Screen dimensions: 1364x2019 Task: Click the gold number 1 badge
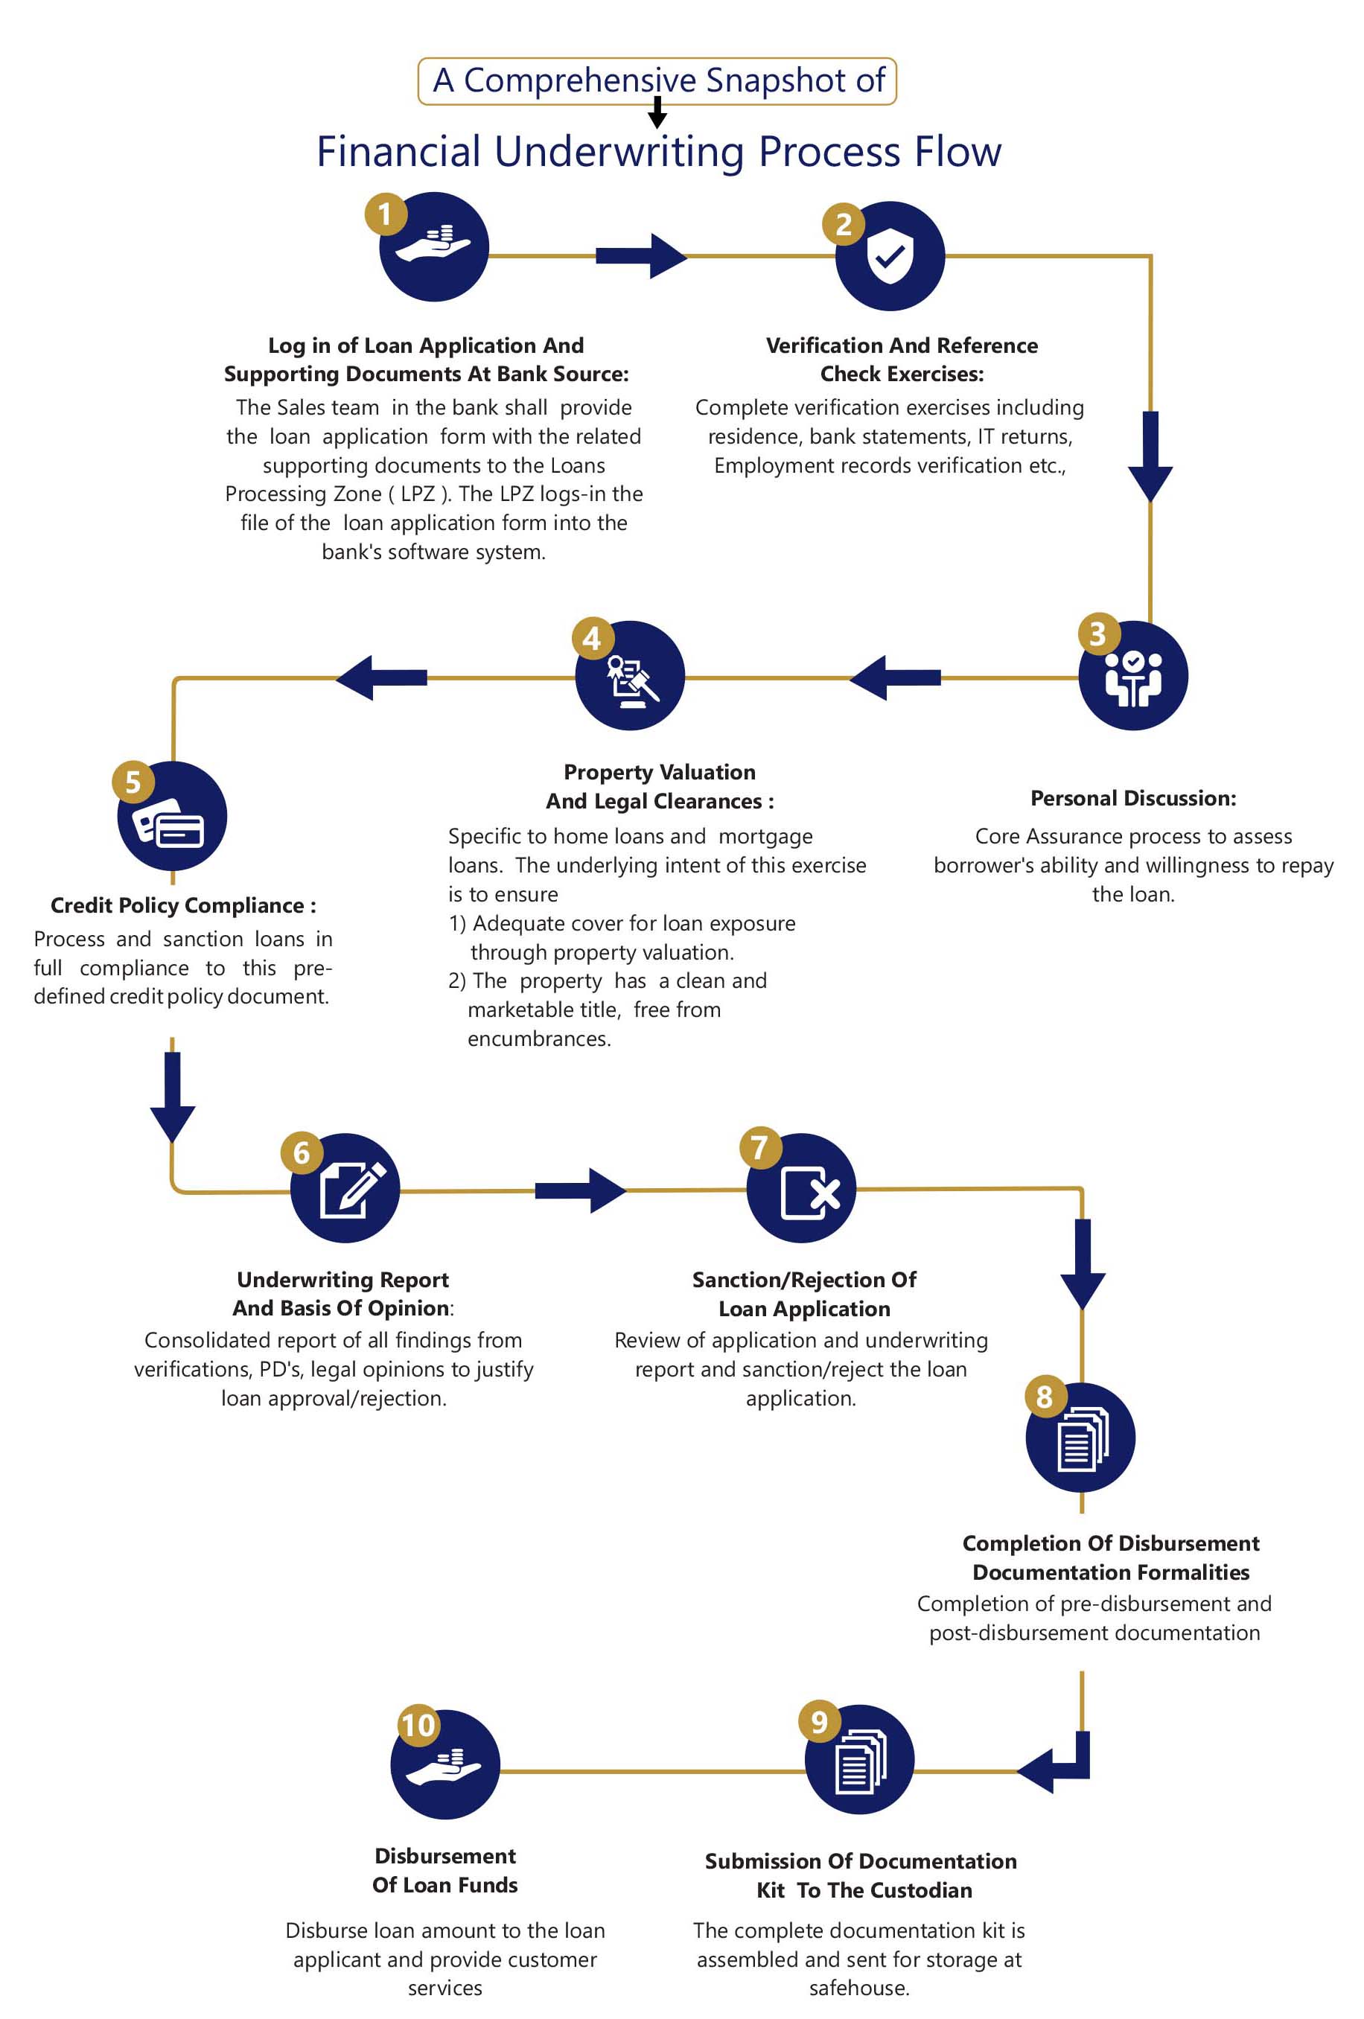point(385,214)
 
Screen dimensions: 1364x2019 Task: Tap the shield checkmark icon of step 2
point(890,256)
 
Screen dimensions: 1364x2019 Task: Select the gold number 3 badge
point(1097,634)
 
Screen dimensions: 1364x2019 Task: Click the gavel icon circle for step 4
point(630,675)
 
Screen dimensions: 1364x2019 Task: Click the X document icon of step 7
point(810,1193)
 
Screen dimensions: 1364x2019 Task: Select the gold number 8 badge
point(1045,1396)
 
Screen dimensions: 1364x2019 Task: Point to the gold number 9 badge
point(818,1721)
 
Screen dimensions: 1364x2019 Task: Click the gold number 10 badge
point(418,1724)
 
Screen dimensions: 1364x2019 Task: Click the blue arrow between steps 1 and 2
point(641,255)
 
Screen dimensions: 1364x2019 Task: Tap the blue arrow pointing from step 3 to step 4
point(894,677)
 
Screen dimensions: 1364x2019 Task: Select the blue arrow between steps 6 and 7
point(580,1190)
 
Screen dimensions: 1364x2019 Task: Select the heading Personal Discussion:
point(1133,797)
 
